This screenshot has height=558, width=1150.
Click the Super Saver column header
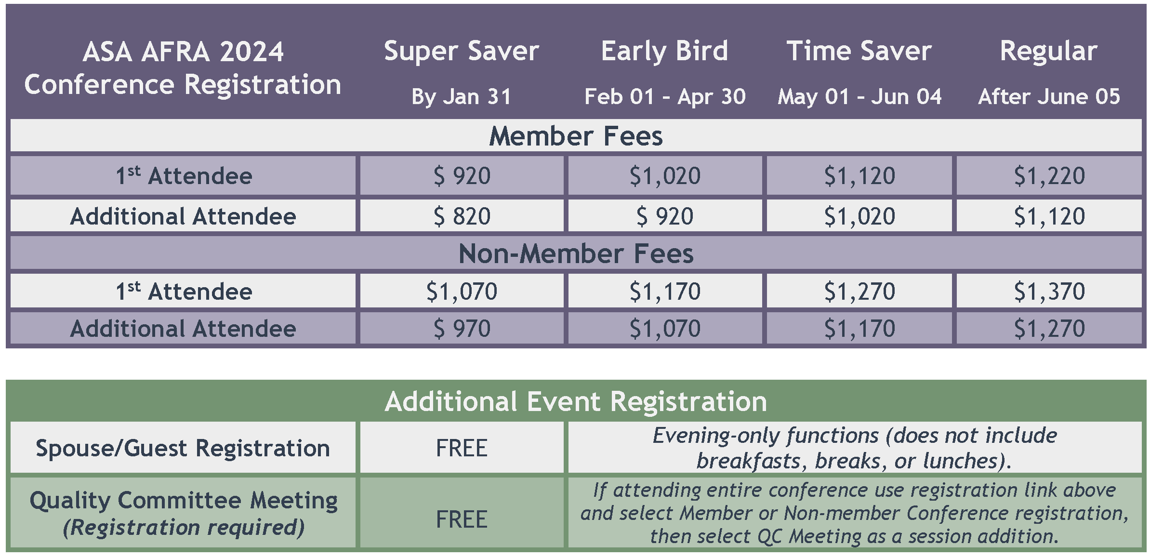[461, 52]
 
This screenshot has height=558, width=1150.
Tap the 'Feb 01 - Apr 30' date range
[665, 97]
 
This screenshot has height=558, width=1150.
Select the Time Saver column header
[859, 51]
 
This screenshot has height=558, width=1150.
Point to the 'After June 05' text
[1049, 97]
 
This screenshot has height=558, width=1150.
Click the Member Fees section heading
[576, 136]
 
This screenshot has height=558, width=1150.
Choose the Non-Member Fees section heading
[576, 253]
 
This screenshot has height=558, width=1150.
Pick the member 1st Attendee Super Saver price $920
[462, 176]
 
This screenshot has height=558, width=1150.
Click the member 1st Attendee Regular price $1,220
[1049, 176]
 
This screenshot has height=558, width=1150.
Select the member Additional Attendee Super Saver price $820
[462, 216]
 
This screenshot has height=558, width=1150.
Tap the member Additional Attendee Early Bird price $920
[665, 216]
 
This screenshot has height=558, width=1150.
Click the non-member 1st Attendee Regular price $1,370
[1049, 292]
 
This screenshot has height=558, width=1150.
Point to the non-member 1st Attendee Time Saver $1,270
[859, 292]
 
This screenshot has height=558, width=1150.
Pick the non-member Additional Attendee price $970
[462, 329]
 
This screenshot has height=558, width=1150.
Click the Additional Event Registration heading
[576, 401]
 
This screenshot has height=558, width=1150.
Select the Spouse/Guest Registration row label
[183, 449]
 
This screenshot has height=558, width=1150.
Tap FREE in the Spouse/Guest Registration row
[462, 448]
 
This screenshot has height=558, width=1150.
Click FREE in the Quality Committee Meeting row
[462, 519]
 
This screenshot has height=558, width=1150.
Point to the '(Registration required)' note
[184, 528]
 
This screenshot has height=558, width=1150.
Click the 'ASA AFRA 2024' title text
[183, 52]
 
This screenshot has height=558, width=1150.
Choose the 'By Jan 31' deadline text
[461, 97]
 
